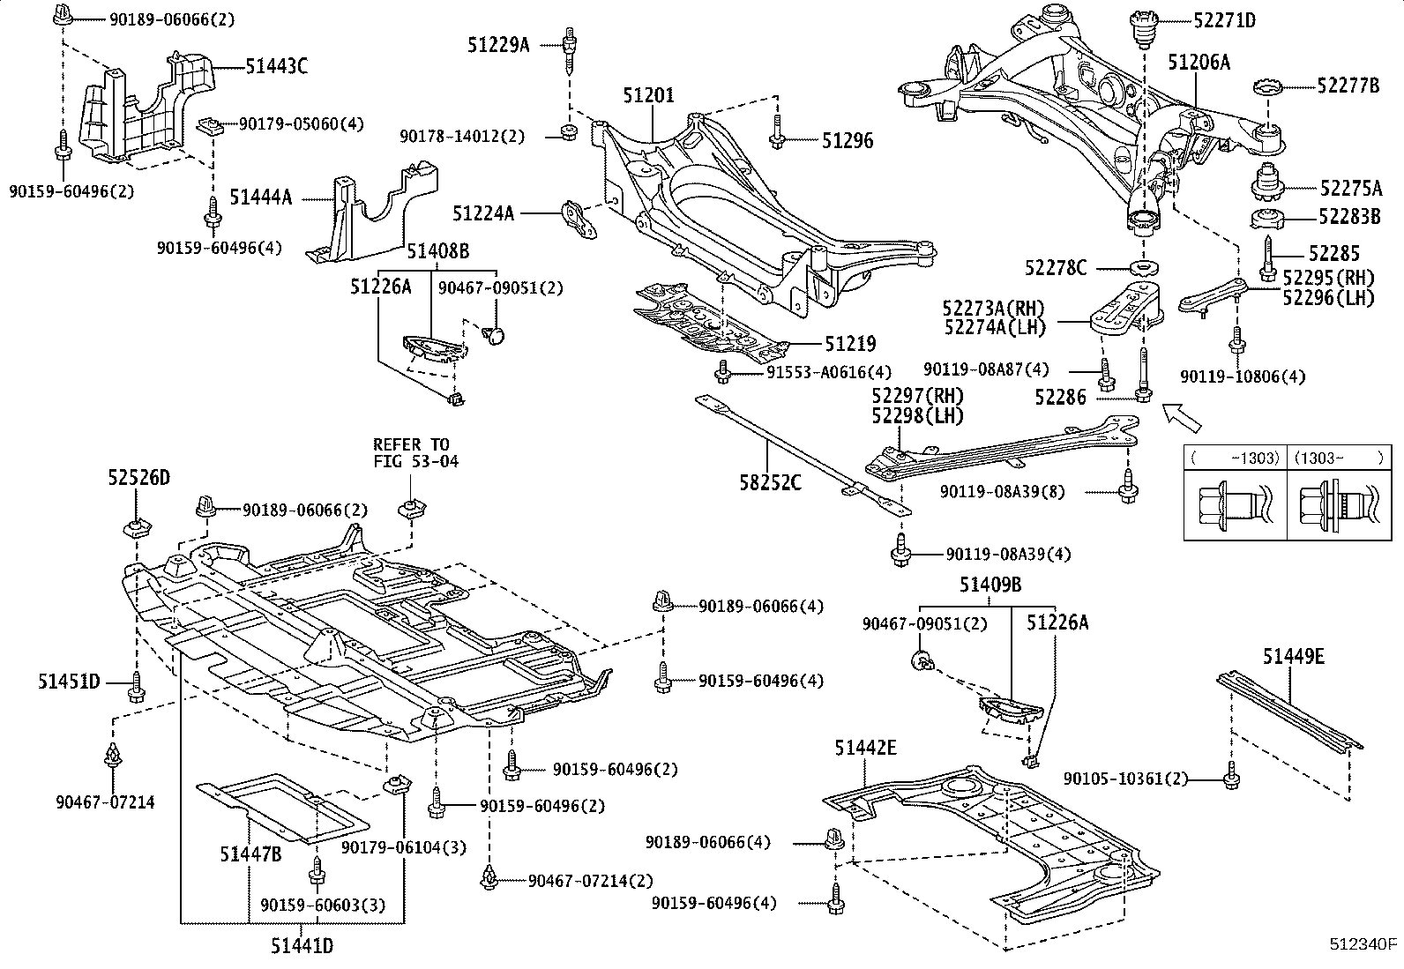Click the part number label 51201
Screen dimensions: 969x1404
[648, 95]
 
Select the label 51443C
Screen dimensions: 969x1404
[277, 65]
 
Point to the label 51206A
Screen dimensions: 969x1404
[1199, 62]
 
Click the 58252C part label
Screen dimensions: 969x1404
[771, 482]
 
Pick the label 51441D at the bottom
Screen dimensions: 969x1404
[302, 946]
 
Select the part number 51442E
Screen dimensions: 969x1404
[866, 748]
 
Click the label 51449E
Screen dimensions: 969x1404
[1293, 656]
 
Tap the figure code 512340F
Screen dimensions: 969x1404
[1363, 945]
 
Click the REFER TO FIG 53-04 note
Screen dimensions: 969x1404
[411, 452]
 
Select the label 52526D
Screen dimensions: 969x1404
[139, 478]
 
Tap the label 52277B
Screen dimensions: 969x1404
[1348, 86]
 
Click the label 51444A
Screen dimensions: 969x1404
[260, 198]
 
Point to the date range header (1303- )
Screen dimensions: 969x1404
[1337, 458]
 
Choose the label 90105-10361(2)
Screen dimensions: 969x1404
[1125, 779]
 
